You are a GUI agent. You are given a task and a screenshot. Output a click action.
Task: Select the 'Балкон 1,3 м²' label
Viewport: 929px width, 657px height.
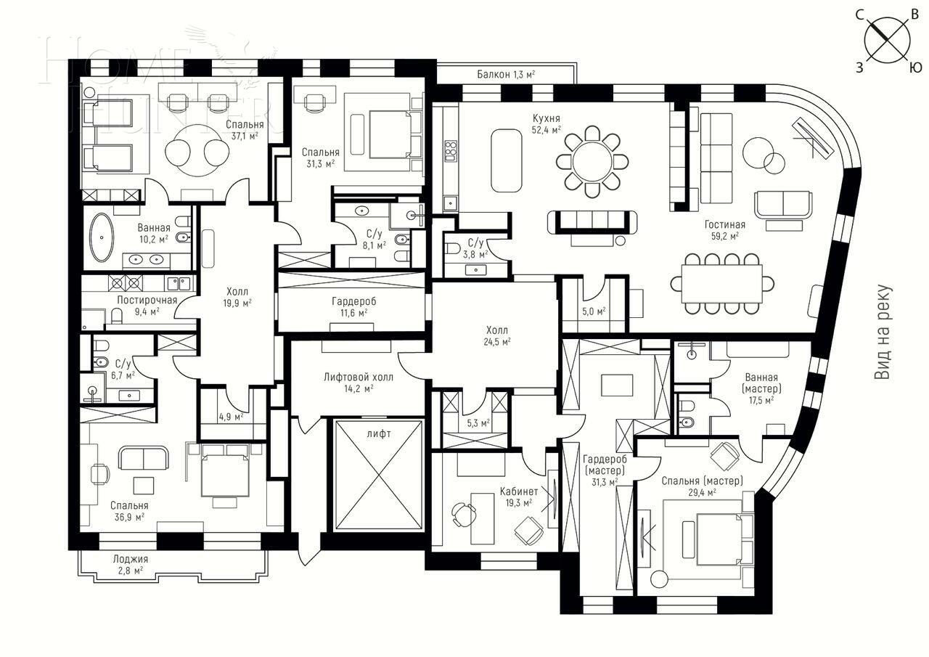click(x=506, y=74)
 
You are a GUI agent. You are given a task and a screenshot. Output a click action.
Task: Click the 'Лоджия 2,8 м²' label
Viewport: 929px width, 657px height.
click(x=131, y=564)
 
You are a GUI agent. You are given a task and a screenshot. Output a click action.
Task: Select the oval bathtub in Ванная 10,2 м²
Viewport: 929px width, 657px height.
click(x=101, y=237)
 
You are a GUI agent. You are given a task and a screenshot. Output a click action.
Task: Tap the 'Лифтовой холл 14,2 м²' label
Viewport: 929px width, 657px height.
click(x=359, y=383)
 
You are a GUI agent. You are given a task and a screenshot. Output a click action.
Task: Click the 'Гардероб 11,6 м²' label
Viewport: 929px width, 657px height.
click(x=354, y=306)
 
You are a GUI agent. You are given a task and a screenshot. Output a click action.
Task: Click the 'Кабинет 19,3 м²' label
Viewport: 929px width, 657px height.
click(x=518, y=497)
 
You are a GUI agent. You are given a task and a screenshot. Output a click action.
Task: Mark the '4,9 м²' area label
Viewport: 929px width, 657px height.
click(x=232, y=416)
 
